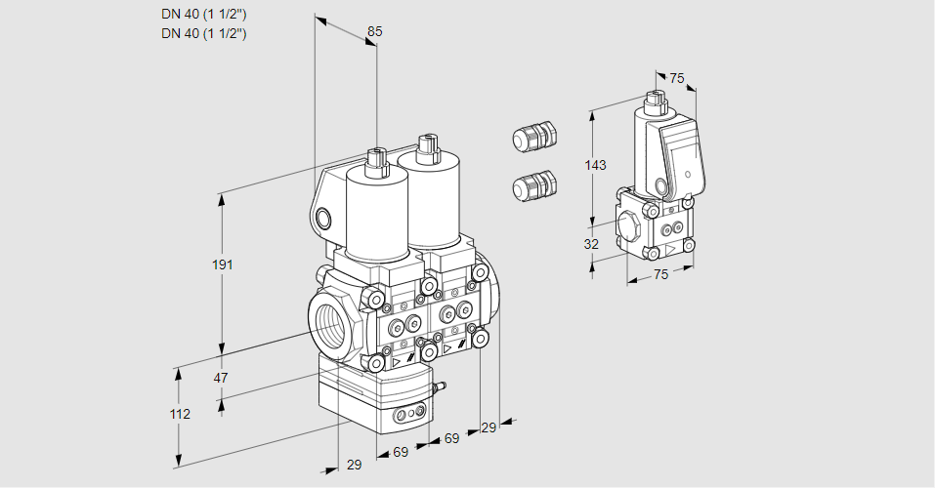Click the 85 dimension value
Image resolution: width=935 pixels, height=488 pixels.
pos(374,32)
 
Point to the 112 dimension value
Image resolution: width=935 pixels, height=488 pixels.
pos(179,415)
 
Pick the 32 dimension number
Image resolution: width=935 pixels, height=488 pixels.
pos(591,244)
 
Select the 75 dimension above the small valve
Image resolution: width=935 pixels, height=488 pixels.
pos(677,79)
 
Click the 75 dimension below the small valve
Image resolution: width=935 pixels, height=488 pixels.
pos(660,275)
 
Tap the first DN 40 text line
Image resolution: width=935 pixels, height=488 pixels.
pos(203,13)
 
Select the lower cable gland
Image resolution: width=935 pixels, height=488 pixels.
pos(533,184)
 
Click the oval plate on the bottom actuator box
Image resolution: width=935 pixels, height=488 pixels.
pos(409,417)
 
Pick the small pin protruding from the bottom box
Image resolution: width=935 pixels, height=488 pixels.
pos(440,389)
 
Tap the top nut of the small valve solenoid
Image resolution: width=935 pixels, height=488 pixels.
pos(655,98)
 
